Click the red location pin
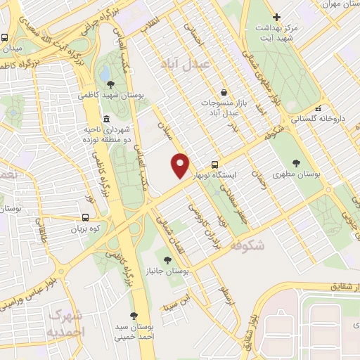tap(181, 165)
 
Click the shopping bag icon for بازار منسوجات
tap(223, 92)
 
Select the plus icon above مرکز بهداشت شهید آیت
tap(277, 17)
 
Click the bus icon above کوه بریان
tap(85, 217)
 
